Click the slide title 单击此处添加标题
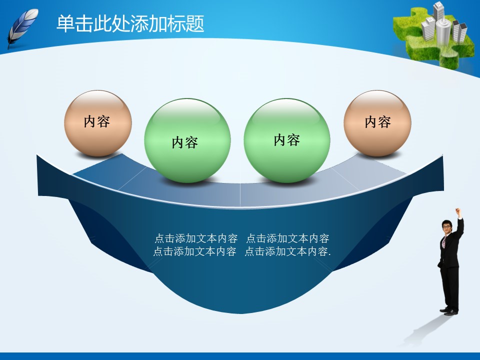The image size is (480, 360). [130, 23]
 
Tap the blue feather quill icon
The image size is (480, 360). [22, 27]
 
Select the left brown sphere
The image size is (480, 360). [98, 123]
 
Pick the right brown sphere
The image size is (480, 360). [377, 123]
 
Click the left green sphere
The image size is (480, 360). [187, 140]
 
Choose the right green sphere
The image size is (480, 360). [287, 140]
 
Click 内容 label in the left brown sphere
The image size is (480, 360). [97, 122]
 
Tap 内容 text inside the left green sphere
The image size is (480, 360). [185, 142]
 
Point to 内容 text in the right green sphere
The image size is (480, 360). [287, 140]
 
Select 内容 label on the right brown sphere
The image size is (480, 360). [378, 122]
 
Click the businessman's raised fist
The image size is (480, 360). [458, 211]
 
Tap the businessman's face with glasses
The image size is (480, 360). [447, 226]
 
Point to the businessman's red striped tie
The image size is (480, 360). [444, 242]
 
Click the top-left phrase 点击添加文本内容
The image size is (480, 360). [196, 238]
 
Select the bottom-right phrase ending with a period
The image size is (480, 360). [288, 251]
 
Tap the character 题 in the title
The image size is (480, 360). [194, 23]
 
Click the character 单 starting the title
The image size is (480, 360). [65, 23]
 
